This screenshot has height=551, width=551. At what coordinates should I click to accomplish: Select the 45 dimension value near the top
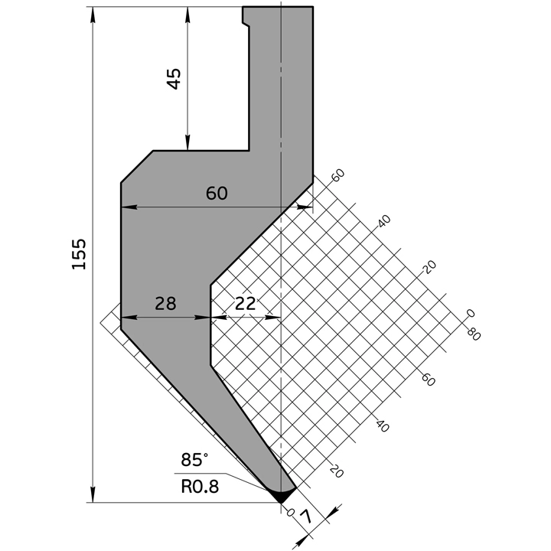tap(174, 78)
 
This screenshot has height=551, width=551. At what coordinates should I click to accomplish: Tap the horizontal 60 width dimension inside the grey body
tap(217, 194)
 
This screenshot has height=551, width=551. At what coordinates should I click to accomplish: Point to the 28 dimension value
tap(165, 303)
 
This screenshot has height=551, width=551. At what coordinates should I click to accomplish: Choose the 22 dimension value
tap(245, 303)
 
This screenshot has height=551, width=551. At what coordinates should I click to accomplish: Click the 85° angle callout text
tap(194, 460)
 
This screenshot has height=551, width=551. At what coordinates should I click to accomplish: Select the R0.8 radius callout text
tap(200, 485)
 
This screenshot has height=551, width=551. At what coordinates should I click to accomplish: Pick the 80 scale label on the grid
tap(473, 334)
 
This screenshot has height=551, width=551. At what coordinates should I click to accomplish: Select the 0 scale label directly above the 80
tap(471, 313)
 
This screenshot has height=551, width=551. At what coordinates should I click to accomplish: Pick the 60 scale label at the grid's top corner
tap(338, 174)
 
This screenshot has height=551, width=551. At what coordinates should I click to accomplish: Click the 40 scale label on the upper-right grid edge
tap(384, 220)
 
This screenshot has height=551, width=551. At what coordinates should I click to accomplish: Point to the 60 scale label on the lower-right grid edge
tap(428, 380)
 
